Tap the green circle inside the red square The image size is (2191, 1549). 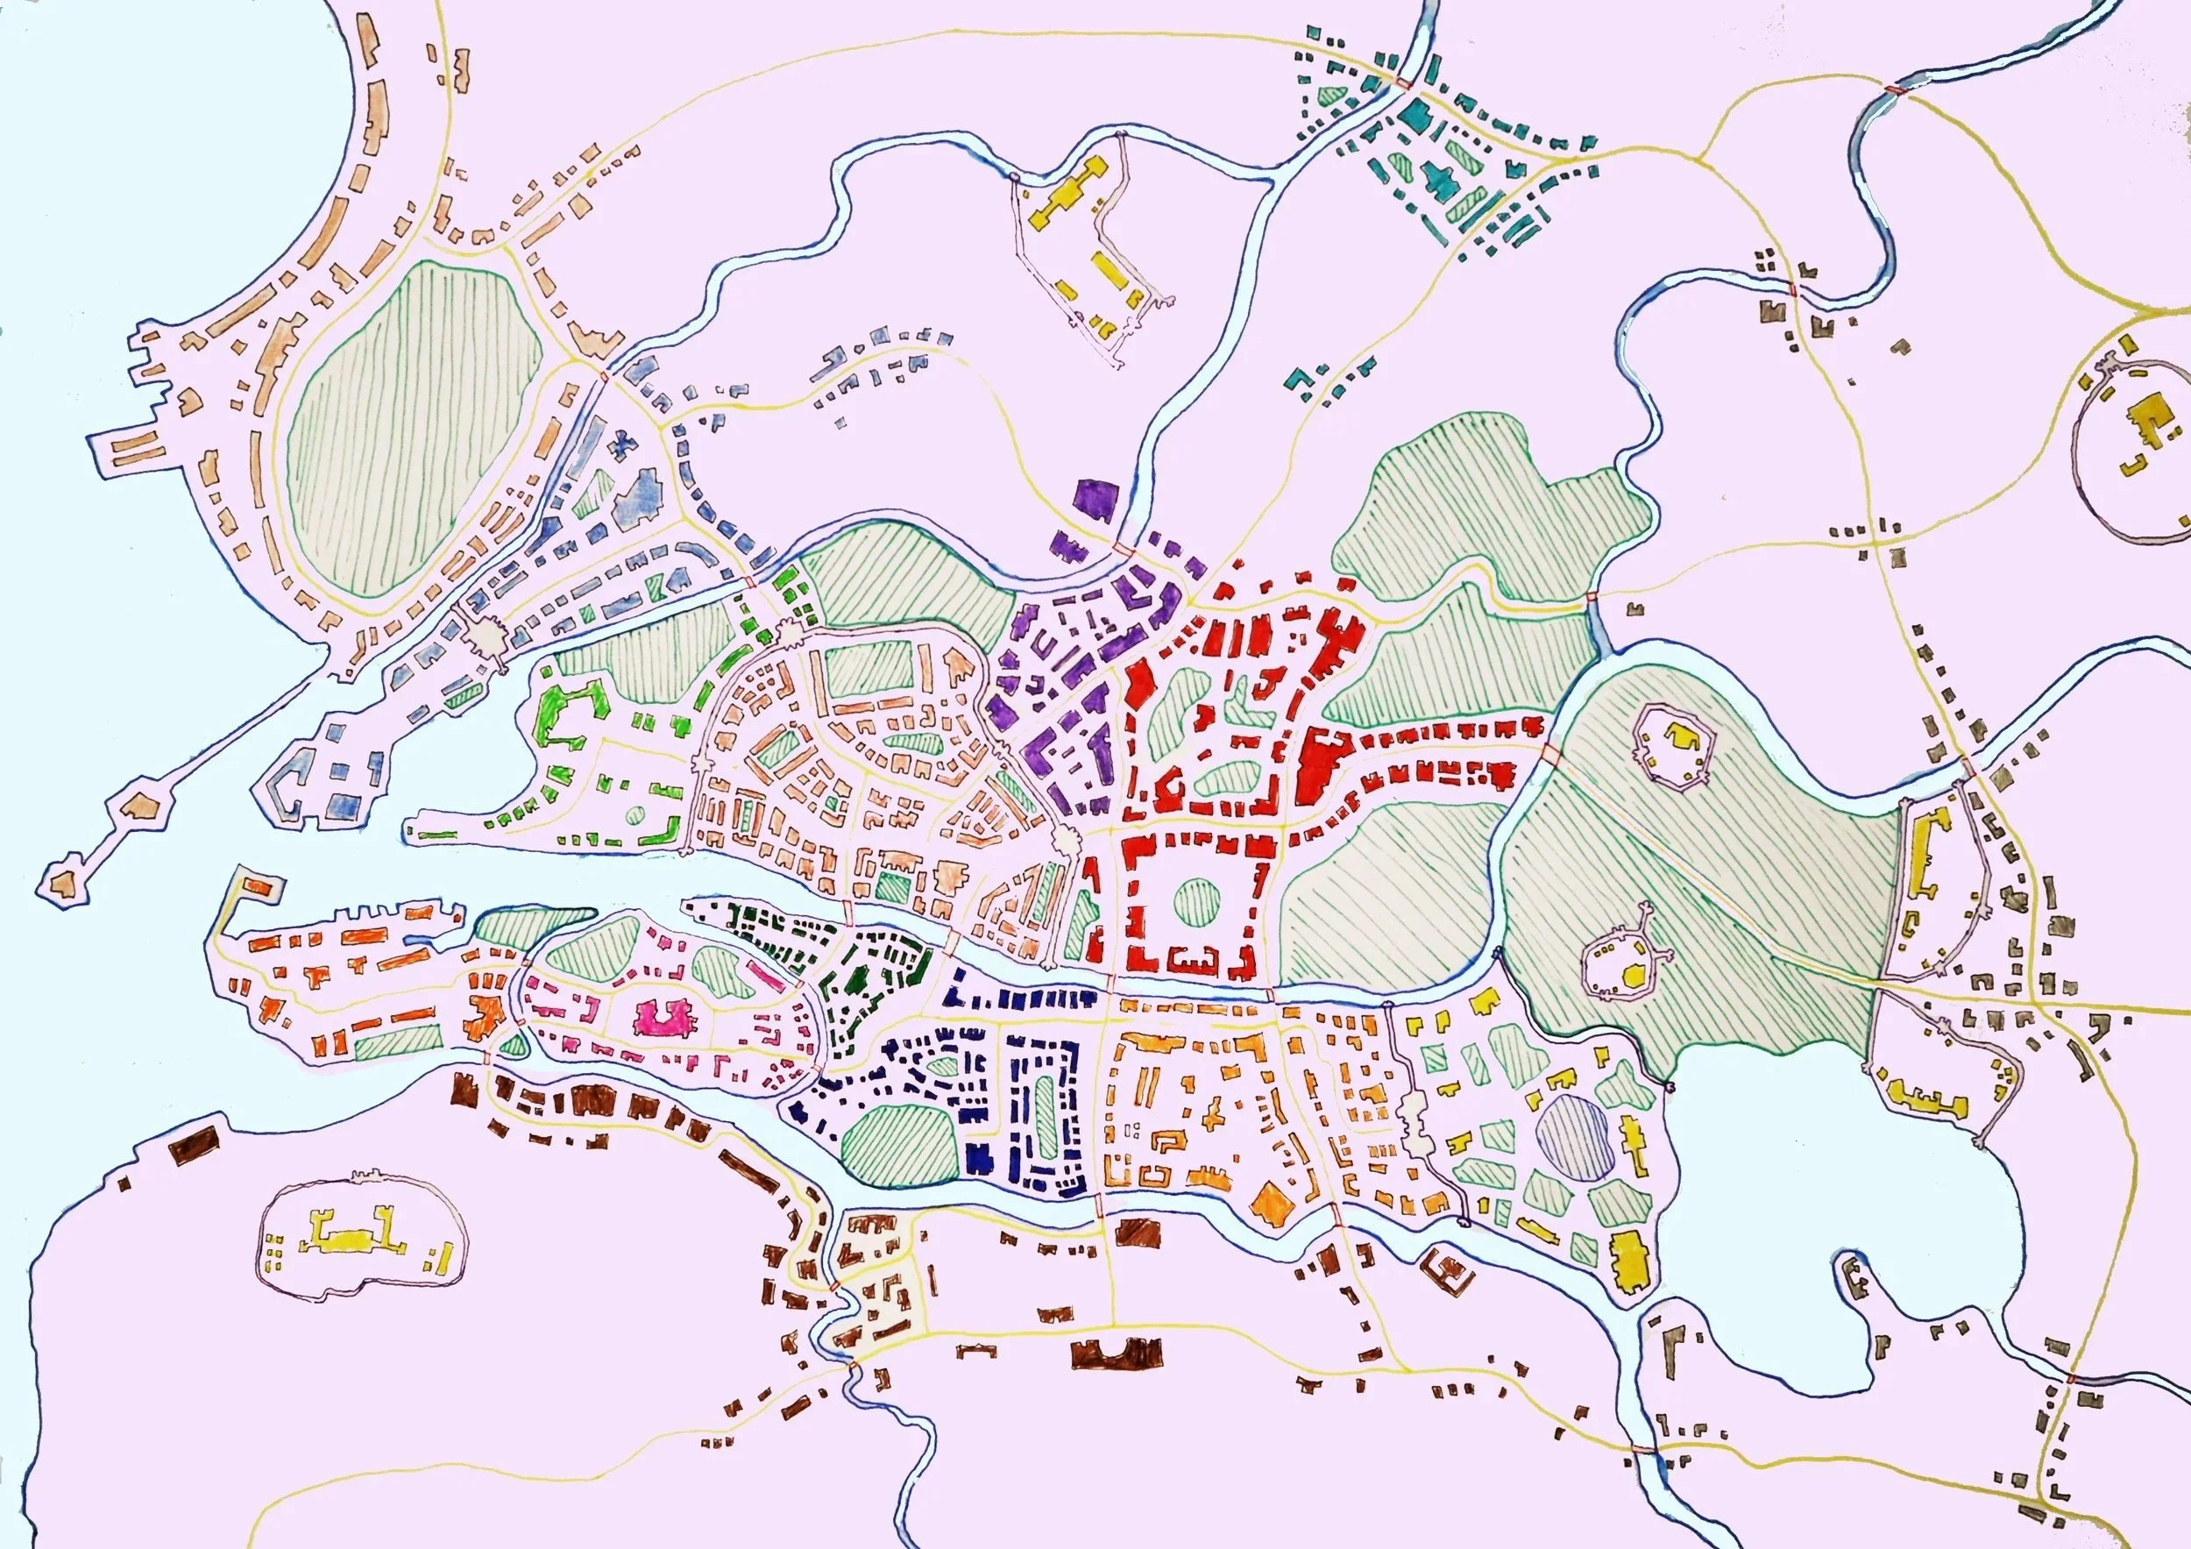click(1195, 901)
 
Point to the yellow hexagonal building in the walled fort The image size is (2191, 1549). click(1634, 975)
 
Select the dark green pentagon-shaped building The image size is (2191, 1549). click(856, 980)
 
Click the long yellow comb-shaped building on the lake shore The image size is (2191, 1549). click(1921, 1096)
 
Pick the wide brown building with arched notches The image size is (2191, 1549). click(1116, 1353)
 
